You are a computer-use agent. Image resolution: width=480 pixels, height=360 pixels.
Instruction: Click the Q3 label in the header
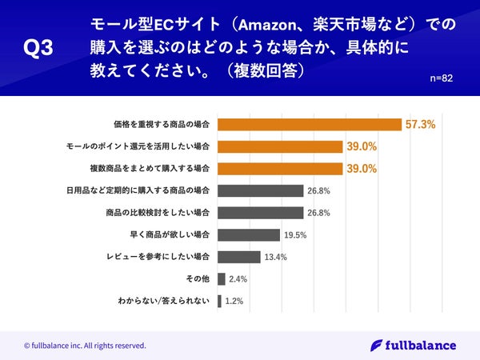pyautogui.click(x=38, y=49)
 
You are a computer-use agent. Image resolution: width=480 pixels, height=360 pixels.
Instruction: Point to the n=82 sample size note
pyautogui.click(x=441, y=78)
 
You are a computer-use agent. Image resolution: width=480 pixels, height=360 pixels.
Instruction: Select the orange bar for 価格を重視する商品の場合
pyautogui.click(x=309, y=125)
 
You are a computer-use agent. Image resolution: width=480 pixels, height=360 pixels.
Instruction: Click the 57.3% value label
pyautogui.click(x=420, y=125)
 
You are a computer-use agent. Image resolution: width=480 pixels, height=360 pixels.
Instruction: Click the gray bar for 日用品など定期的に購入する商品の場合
pyautogui.click(x=260, y=191)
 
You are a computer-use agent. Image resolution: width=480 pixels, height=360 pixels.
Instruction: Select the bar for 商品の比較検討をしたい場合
pyautogui.click(x=260, y=213)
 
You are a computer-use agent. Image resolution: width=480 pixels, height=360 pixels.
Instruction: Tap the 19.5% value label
pyautogui.click(x=294, y=235)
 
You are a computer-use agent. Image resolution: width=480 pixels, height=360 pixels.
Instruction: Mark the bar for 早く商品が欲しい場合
pyautogui.click(x=248, y=235)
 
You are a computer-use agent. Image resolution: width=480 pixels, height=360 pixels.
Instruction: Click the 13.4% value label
pyautogui.click(x=275, y=258)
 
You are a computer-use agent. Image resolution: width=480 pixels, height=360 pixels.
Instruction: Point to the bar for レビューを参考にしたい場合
pyautogui.click(x=238, y=258)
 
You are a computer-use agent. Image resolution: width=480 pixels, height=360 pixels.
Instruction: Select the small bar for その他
pyautogui.click(x=221, y=279)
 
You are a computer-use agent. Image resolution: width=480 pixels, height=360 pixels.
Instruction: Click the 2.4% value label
pyautogui.click(x=238, y=280)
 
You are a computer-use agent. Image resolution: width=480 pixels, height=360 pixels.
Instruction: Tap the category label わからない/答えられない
pyautogui.click(x=163, y=302)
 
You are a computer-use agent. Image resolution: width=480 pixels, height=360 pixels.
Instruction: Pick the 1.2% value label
pyautogui.click(x=234, y=302)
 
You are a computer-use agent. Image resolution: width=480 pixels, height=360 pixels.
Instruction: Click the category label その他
pyautogui.click(x=197, y=279)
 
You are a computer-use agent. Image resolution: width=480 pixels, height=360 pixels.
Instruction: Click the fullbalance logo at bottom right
pyautogui.click(x=414, y=346)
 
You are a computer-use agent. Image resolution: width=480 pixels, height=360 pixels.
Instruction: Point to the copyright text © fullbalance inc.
pyautogui.click(x=84, y=346)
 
